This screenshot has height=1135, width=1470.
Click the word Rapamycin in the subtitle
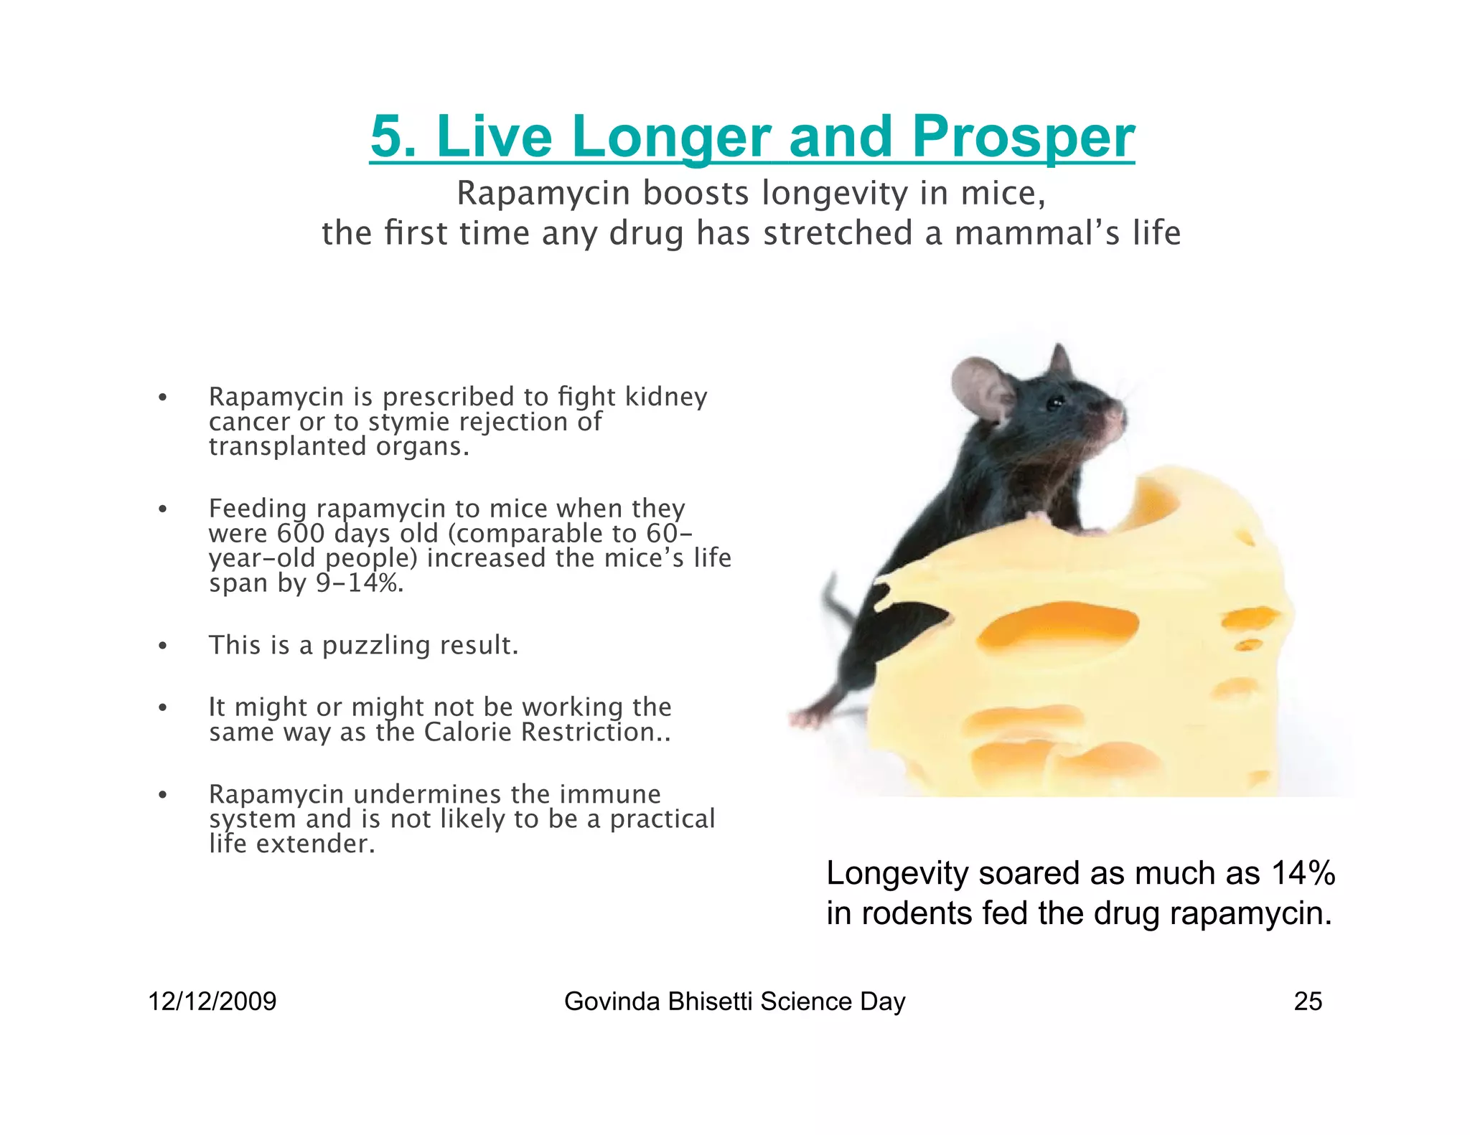(543, 193)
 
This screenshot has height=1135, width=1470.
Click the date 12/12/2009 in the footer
(212, 1002)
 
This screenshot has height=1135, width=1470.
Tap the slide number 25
(1307, 1002)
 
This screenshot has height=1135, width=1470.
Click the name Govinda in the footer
(612, 1002)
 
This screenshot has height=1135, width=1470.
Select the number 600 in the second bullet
(300, 533)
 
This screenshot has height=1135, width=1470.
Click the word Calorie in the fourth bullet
(467, 732)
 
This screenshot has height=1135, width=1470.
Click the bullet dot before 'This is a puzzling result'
(163, 646)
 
